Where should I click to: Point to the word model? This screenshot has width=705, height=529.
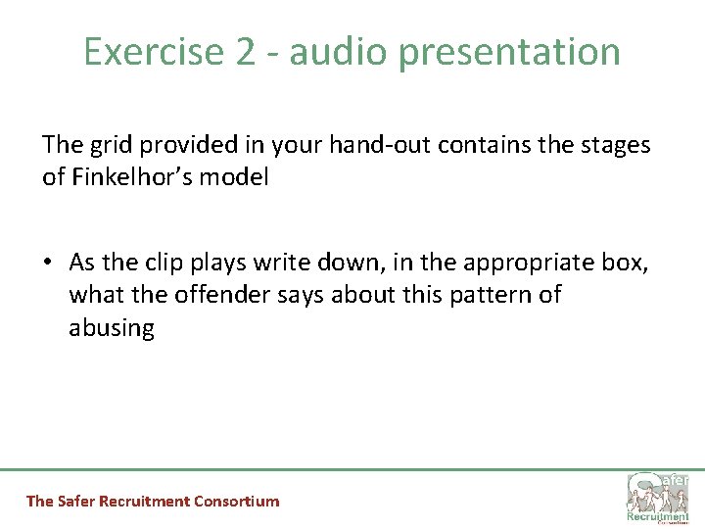(x=237, y=178)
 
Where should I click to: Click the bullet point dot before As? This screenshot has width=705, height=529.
(x=49, y=264)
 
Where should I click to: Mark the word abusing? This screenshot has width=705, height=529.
(x=112, y=328)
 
